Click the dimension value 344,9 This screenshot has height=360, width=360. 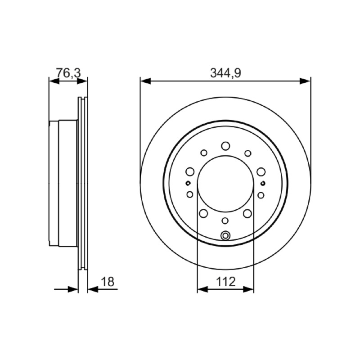225,73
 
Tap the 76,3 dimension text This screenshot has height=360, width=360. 68,73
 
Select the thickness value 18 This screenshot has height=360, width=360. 108,282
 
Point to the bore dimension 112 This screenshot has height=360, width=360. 226,282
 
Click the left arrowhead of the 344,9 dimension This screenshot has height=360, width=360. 145,81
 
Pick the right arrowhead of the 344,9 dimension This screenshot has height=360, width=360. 305,81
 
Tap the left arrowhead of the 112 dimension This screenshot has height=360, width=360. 202,289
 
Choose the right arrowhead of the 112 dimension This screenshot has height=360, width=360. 248,289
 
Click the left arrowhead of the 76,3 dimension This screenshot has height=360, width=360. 54,81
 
